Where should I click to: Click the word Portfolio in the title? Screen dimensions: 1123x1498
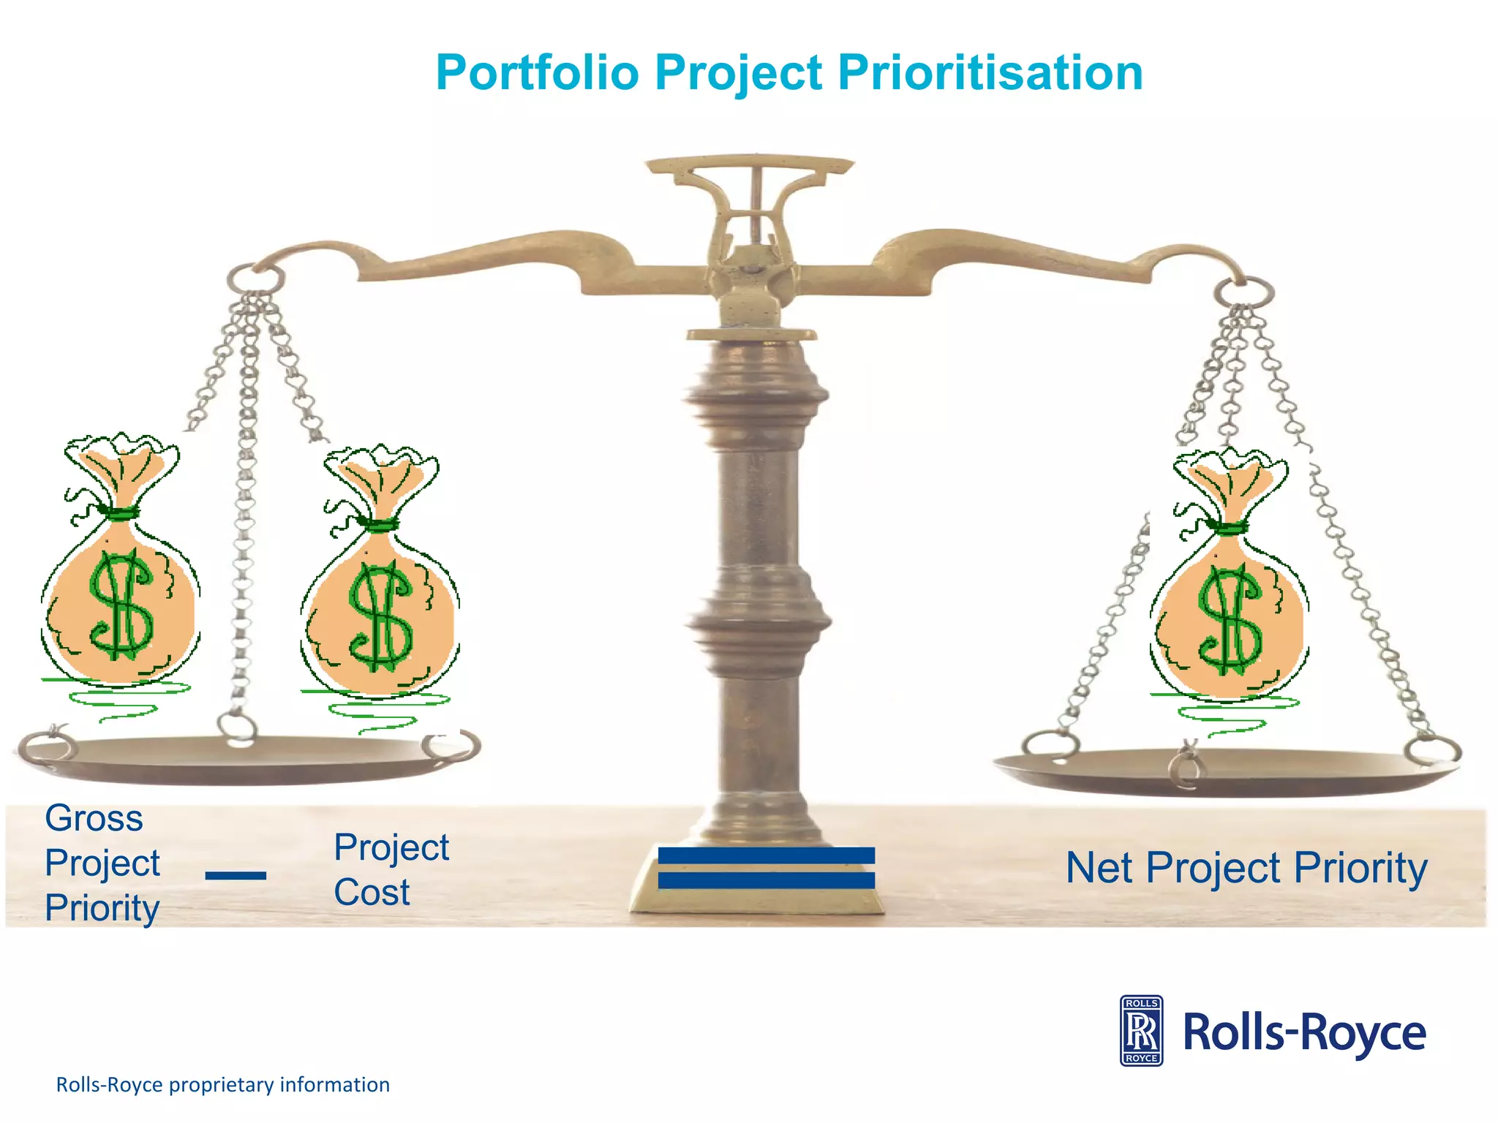click(538, 73)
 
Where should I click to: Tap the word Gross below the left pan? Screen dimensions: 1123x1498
click(94, 817)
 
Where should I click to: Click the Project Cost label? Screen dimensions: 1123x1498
click(391, 870)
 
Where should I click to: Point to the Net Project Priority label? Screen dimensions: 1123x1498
click(1246, 868)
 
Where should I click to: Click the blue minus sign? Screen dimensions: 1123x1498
click(236, 875)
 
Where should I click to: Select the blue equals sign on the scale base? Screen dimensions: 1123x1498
click(766, 868)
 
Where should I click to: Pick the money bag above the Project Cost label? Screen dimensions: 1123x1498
click(380, 585)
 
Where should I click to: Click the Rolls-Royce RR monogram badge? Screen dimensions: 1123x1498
click(1141, 1031)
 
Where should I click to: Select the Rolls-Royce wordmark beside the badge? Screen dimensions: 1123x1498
click(1304, 1032)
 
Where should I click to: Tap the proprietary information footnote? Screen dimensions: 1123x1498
click(223, 1084)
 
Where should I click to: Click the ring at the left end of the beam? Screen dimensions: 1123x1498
click(255, 279)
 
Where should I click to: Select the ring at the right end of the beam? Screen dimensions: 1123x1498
click(1243, 292)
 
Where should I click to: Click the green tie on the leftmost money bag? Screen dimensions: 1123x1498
click(117, 512)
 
